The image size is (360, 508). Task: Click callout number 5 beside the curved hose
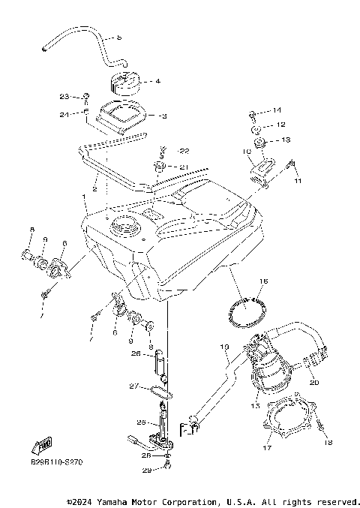(x=118, y=37)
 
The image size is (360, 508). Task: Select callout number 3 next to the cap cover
(x=164, y=116)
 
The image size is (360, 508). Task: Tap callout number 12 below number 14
(x=280, y=125)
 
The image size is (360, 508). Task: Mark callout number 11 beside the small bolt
(x=297, y=182)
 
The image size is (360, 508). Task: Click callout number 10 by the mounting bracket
(x=245, y=151)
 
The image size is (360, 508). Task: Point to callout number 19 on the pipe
(x=224, y=347)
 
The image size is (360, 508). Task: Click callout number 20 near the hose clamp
(x=314, y=383)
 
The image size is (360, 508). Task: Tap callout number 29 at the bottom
(x=147, y=469)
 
